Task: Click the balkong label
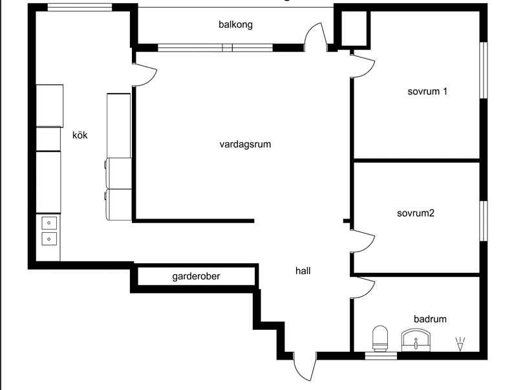coord(235,25)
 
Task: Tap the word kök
coord(80,135)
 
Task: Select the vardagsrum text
coord(244,144)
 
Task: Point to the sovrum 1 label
coord(427,91)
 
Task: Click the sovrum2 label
coord(415,213)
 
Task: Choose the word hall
coord(303,271)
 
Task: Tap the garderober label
coord(196,276)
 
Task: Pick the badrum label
coord(430,319)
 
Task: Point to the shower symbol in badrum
coord(460,343)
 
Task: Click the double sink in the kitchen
coord(49,231)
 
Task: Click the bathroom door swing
coord(363,287)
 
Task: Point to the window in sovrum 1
coord(482,70)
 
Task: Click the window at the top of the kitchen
coord(80,8)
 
